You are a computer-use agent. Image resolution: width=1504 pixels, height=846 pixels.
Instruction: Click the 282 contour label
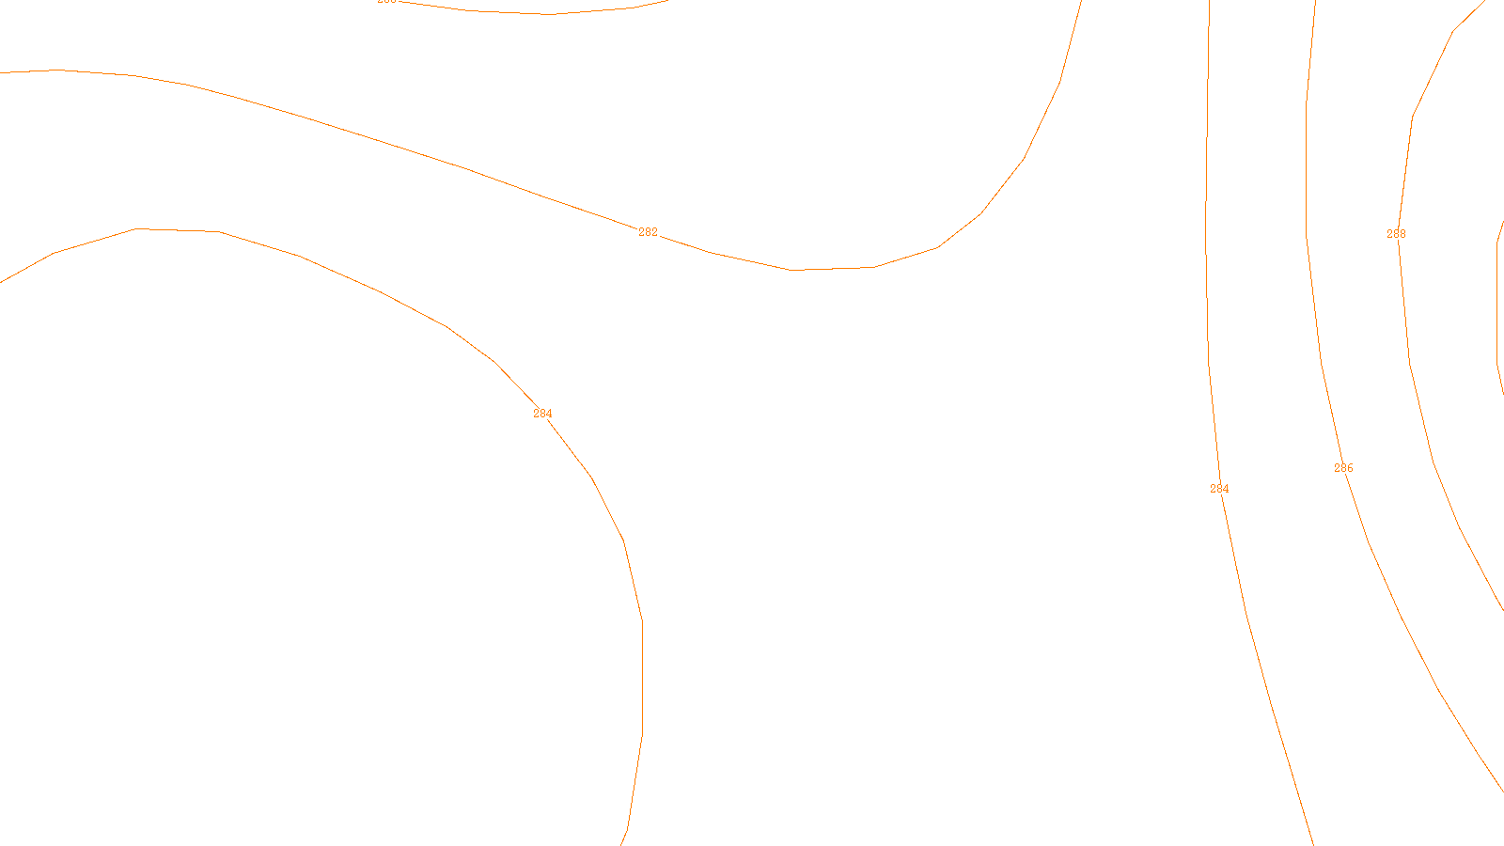coord(648,232)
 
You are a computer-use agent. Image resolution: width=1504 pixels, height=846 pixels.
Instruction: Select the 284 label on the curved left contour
coord(542,414)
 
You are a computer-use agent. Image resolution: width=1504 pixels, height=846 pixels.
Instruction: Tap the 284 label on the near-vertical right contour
coord(1219,489)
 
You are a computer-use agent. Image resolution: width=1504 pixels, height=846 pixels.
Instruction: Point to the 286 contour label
coord(1343,468)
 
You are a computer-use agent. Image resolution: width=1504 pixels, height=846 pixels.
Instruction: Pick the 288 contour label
coord(1396,234)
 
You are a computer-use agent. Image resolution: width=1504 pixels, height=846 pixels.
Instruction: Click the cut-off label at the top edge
coord(386,2)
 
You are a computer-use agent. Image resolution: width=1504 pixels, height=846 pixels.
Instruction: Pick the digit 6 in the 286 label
coord(1350,468)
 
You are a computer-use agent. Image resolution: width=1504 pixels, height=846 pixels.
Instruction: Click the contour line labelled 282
coord(376,140)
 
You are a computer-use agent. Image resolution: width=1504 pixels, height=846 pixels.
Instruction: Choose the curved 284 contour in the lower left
coord(301,257)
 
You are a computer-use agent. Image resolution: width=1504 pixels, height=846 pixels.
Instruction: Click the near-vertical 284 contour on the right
coord(1207,188)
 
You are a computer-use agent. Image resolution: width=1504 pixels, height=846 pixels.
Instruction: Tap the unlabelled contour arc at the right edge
coord(1497,301)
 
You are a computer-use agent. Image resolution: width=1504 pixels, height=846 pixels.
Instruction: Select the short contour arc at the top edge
coord(545,14)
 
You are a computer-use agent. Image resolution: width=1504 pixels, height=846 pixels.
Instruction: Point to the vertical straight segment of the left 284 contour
coord(642,677)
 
